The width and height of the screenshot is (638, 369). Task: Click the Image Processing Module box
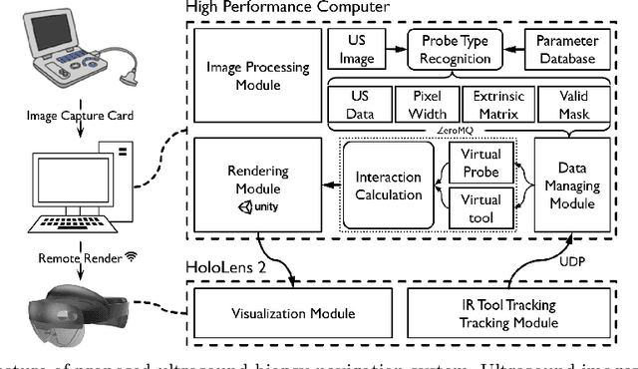point(256,76)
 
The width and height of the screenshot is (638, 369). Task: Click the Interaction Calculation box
point(390,185)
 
